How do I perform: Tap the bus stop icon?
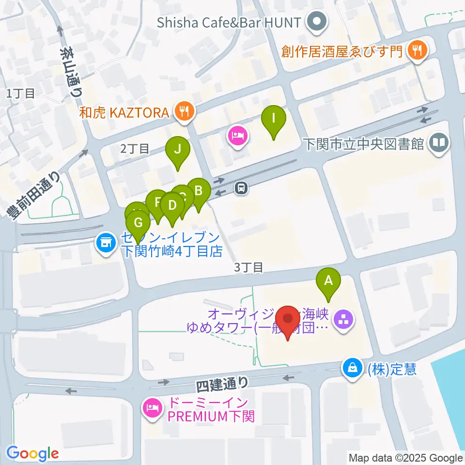[x=241, y=188]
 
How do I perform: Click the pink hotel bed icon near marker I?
[x=237, y=136]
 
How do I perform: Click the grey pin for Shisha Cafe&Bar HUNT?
[x=318, y=22]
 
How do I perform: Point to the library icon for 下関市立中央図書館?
[x=440, y=143]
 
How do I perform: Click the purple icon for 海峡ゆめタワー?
[x=345, y=320]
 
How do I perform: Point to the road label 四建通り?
[x=222, y=385]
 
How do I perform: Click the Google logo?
[x=32, y=453]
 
